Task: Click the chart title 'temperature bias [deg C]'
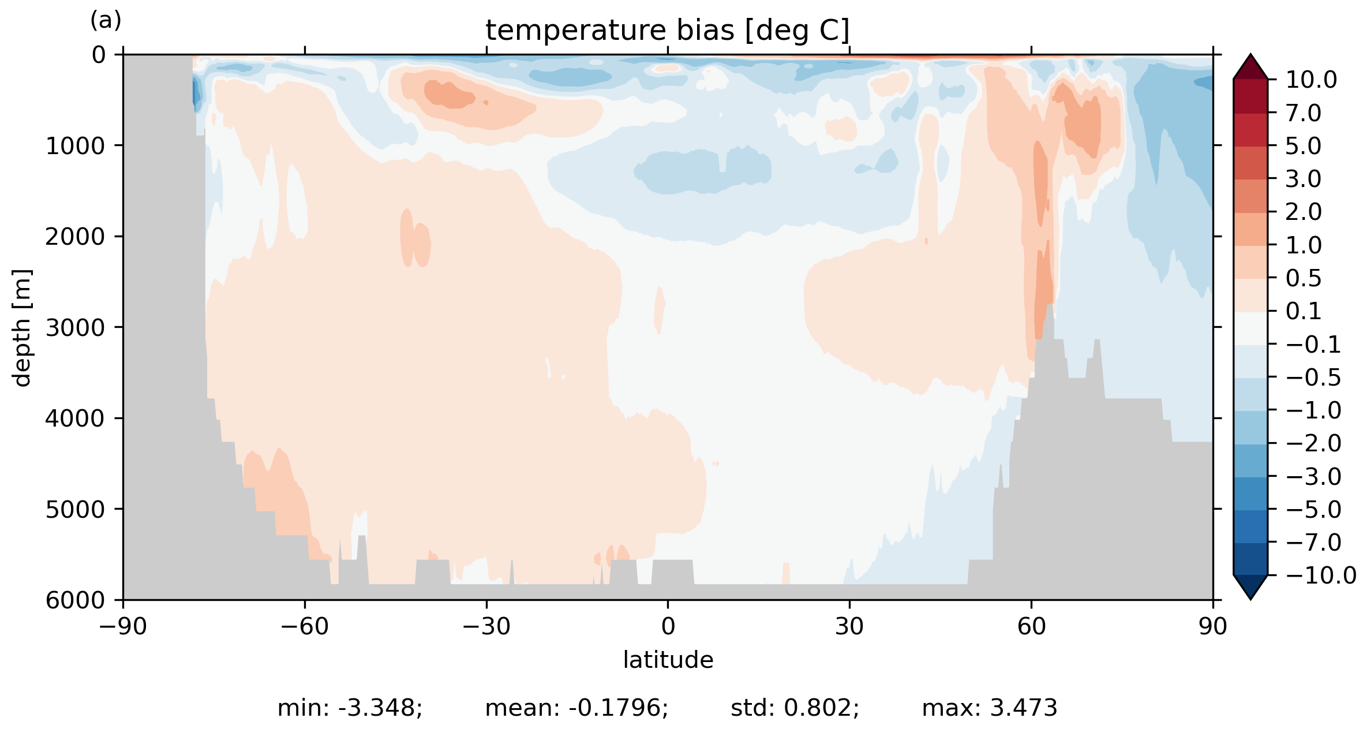(668, 30)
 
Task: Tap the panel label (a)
(106, 21)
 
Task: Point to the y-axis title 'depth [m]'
(22, 328)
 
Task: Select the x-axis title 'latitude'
(668, 660)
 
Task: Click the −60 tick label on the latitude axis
(304, 626)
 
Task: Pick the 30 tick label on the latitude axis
(849, 626)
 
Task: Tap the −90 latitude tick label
(123, 626)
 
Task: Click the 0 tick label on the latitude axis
(668, 626)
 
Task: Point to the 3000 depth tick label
(75, 327)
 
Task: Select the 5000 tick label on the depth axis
(75, 509)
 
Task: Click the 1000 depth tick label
(75, 145)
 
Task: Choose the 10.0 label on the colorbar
(1311, 80)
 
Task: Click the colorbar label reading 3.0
(1303, 179)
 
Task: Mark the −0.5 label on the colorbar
(1313, 377)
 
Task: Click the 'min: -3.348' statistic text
(350, 708)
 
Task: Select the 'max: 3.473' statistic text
(989, 708)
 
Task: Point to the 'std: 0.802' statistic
(795, 708)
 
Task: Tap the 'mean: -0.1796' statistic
(576, 708)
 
